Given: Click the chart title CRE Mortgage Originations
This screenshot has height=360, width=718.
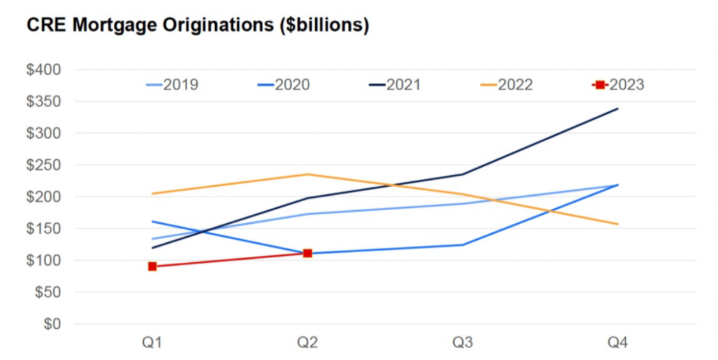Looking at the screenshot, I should tap(198, 26).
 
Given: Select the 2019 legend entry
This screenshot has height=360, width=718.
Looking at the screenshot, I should tap(172, 85).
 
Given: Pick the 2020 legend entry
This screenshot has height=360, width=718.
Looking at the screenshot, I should tap(284, 85).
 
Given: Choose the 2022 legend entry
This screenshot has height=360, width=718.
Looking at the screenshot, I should tap(507, 85).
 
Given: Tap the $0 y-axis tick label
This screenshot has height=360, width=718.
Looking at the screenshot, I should tap(52, 324).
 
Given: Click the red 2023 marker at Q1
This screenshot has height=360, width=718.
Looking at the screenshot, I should tap(152, 266).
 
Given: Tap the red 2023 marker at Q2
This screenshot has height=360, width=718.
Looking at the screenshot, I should tap(307, 253).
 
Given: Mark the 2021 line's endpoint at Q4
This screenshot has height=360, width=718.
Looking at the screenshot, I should tap(618, 108).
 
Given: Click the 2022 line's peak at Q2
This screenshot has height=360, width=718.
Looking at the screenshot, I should tap(307, 174).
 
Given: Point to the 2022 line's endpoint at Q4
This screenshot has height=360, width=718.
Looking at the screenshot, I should tap(618, 224).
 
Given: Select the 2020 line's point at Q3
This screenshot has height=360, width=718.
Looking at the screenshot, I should tap(463, 245).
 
